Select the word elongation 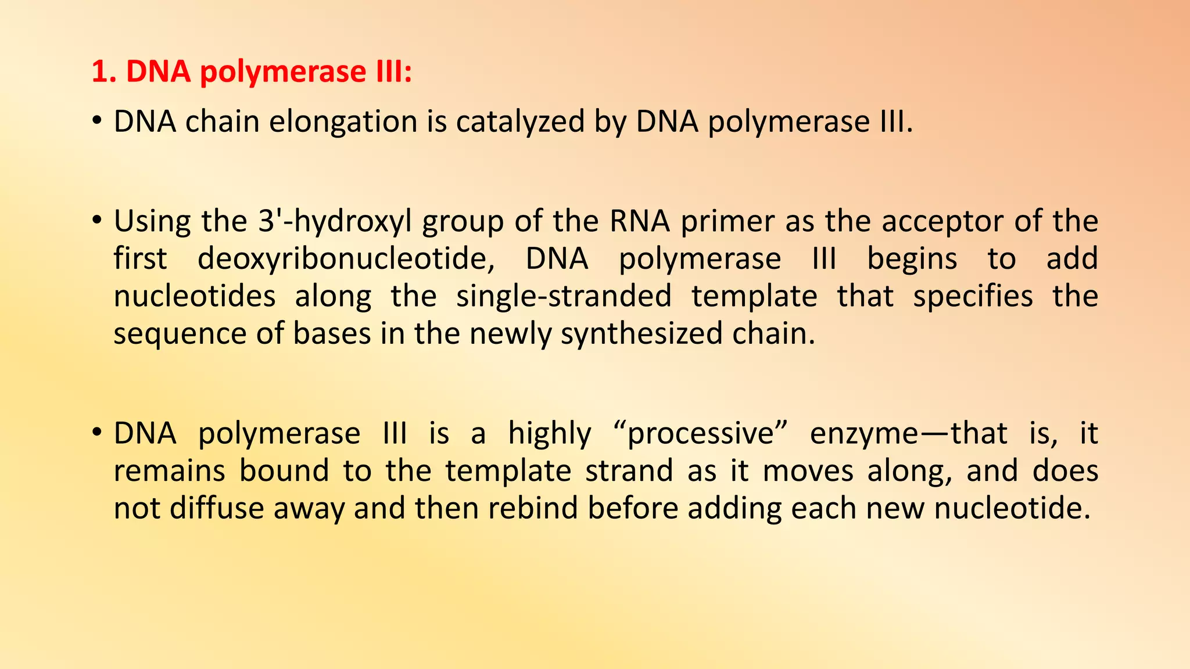click(x=343, y=122)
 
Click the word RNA click(x=640, y=221)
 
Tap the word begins click(x=912, y=260)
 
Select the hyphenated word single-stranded click(x=564, y=297)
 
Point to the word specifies click(x=973, y=297)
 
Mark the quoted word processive click(x=701, y=434)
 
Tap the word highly click(x=550, y=434)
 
